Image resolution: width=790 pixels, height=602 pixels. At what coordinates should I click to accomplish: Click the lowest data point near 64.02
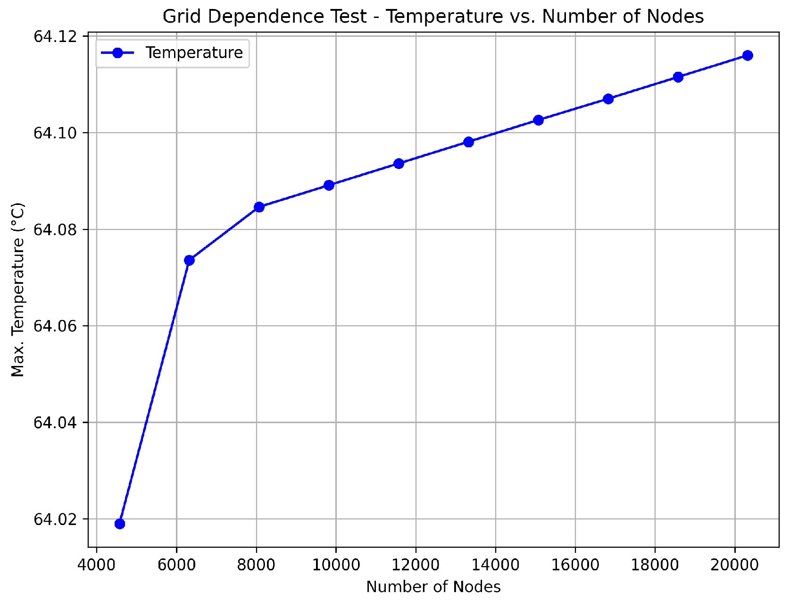[120, 524]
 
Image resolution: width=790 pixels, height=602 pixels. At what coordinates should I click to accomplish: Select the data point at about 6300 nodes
[190, 260]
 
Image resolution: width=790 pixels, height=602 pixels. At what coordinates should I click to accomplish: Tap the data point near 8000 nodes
[259, 207]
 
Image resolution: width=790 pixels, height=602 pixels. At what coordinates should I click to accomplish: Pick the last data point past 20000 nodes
[748, 55]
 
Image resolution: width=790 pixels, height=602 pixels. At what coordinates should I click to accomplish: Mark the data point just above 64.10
[538, 120]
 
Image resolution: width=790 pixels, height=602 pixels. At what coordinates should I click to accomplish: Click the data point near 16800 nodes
[608, 99]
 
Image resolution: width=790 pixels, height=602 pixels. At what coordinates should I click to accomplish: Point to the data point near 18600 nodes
[678, 77]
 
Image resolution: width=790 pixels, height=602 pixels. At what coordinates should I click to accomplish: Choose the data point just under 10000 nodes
[329, 185]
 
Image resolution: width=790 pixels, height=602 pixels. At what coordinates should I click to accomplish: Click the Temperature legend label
[194, 52]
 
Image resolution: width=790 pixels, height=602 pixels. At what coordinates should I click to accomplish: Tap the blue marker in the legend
[118, 52]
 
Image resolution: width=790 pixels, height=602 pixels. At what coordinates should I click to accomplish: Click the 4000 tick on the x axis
[97, 564]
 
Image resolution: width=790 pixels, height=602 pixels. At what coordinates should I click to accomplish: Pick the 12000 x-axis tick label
[416, 564]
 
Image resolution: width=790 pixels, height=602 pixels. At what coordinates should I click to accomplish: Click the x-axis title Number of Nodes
[433, 587]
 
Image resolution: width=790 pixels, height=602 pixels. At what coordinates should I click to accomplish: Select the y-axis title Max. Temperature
[18, 290]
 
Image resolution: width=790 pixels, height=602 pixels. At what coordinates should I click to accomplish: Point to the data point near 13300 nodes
[468, 142]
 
